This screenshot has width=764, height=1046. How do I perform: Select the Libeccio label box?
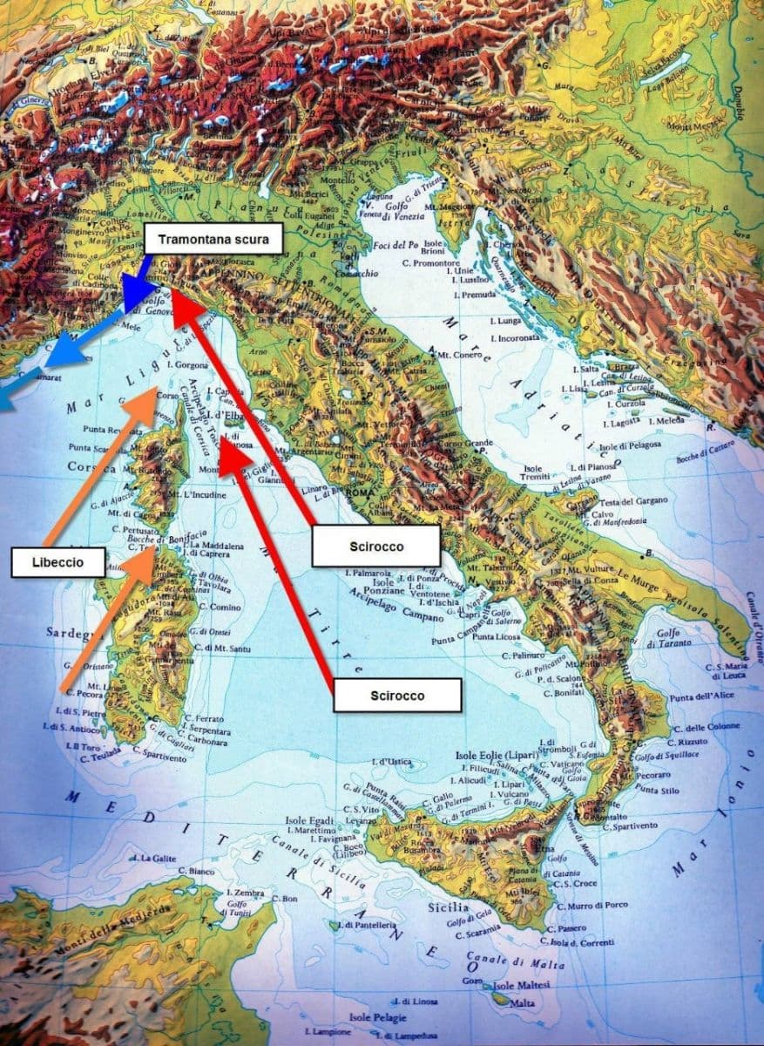57,562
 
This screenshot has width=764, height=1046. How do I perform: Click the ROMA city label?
359,494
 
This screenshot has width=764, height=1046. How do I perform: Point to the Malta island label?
523,1003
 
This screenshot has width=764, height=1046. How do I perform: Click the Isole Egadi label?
309,820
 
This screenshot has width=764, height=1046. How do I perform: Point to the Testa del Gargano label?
632,499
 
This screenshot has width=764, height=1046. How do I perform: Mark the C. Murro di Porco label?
589,904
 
